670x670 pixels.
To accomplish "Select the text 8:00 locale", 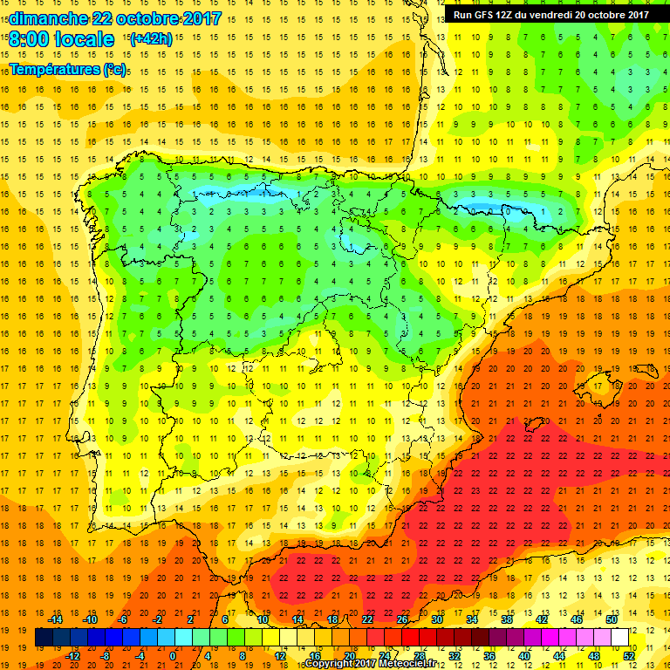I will tap(62, 39).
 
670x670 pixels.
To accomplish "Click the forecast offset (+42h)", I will tap(150, 39).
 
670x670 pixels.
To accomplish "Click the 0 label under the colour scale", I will tap(173, 655).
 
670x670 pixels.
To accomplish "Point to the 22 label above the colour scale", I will tap(367, 619).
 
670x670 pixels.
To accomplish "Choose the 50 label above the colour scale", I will tap(611, 619).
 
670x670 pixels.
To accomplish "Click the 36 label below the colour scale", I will tap(489, 655).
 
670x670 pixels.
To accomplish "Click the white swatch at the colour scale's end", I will tap(620, 637).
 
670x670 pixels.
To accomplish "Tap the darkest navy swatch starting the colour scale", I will tap(44, 637).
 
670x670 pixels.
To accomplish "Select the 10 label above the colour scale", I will tap(262, 619).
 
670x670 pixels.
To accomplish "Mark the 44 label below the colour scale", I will tap(559, 655).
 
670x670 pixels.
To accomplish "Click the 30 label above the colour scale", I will tap(437, 619).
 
